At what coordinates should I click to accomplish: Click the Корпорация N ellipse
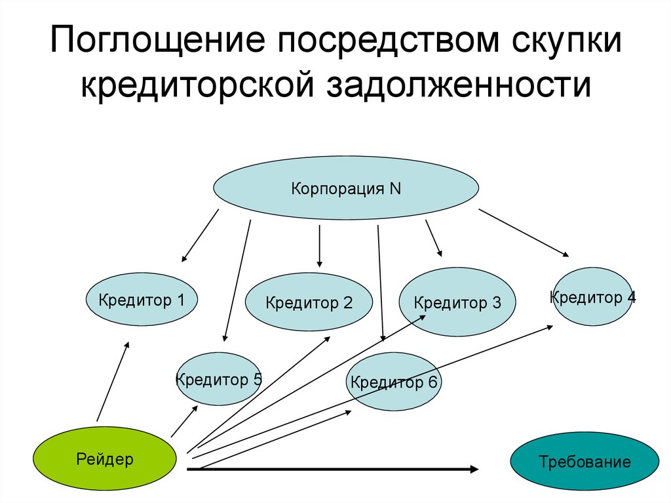point(346,189)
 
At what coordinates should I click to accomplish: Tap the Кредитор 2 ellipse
point(309,302)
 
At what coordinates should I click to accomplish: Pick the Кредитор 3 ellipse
point(457,302)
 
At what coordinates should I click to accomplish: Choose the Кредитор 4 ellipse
point(592,296)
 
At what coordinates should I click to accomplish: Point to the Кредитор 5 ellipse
point(219,379)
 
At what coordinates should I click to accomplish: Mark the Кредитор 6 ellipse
point(394,382)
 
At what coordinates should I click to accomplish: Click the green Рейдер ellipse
point(104,458)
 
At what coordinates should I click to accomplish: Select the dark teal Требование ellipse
point(585,461)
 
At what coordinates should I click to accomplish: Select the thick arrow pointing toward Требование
point(334,468)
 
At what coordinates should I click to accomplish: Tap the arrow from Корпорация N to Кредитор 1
point(200,235)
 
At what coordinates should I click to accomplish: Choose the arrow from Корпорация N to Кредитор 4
point(524,233)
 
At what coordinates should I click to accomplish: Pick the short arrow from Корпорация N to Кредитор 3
point(434,237)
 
